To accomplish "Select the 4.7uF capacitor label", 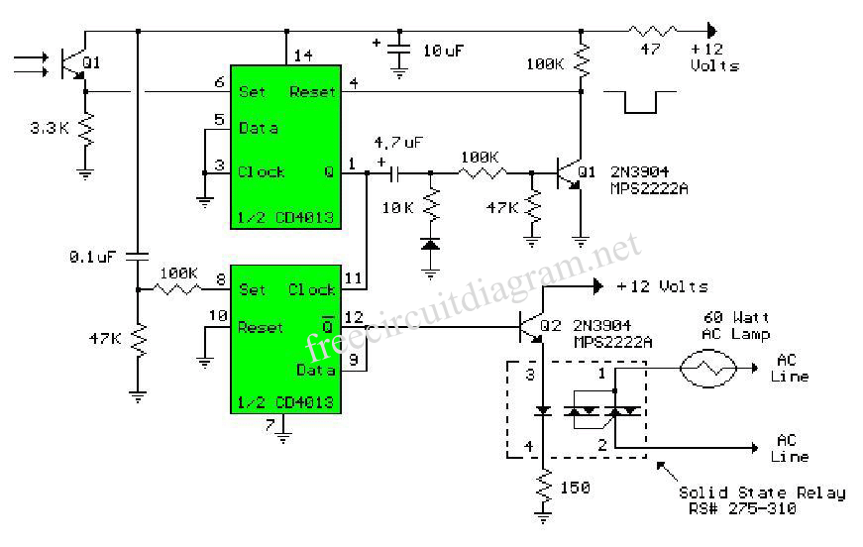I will pos(399,143).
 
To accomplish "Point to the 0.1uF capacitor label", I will pos(93,257).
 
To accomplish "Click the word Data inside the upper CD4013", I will pos(259,129).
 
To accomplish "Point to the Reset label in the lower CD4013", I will pos(261,328).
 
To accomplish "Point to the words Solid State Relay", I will pos(761,493).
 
